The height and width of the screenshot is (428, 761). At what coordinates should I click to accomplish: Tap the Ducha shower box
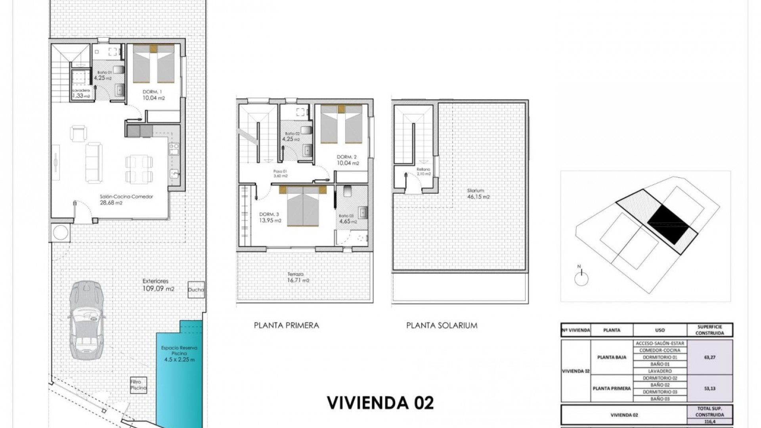[196, 290]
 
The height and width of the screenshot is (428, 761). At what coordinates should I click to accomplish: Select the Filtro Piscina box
[138, 385]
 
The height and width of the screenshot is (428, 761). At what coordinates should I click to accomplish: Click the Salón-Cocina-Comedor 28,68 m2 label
[126, 199]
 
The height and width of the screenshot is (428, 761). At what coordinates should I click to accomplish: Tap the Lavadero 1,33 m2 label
[81, 93]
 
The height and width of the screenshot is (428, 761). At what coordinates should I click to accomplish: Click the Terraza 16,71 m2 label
[298, 277]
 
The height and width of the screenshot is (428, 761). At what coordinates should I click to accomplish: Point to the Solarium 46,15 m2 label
[478, 193]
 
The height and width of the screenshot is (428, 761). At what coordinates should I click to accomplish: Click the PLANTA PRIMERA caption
[286, 325]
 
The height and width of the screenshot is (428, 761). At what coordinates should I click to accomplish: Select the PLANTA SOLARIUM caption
[442, 325]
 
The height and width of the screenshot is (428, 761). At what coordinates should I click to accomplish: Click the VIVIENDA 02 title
[380, 402]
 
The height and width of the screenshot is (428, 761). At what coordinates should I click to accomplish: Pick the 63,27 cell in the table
[709, 357]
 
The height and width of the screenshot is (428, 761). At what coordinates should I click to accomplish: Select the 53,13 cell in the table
[709, 388]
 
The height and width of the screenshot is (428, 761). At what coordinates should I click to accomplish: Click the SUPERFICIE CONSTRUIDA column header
[709, 330]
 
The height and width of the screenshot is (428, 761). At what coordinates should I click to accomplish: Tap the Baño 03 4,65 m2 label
[348, 219]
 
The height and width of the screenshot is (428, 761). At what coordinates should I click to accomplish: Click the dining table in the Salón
[139, 168]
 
